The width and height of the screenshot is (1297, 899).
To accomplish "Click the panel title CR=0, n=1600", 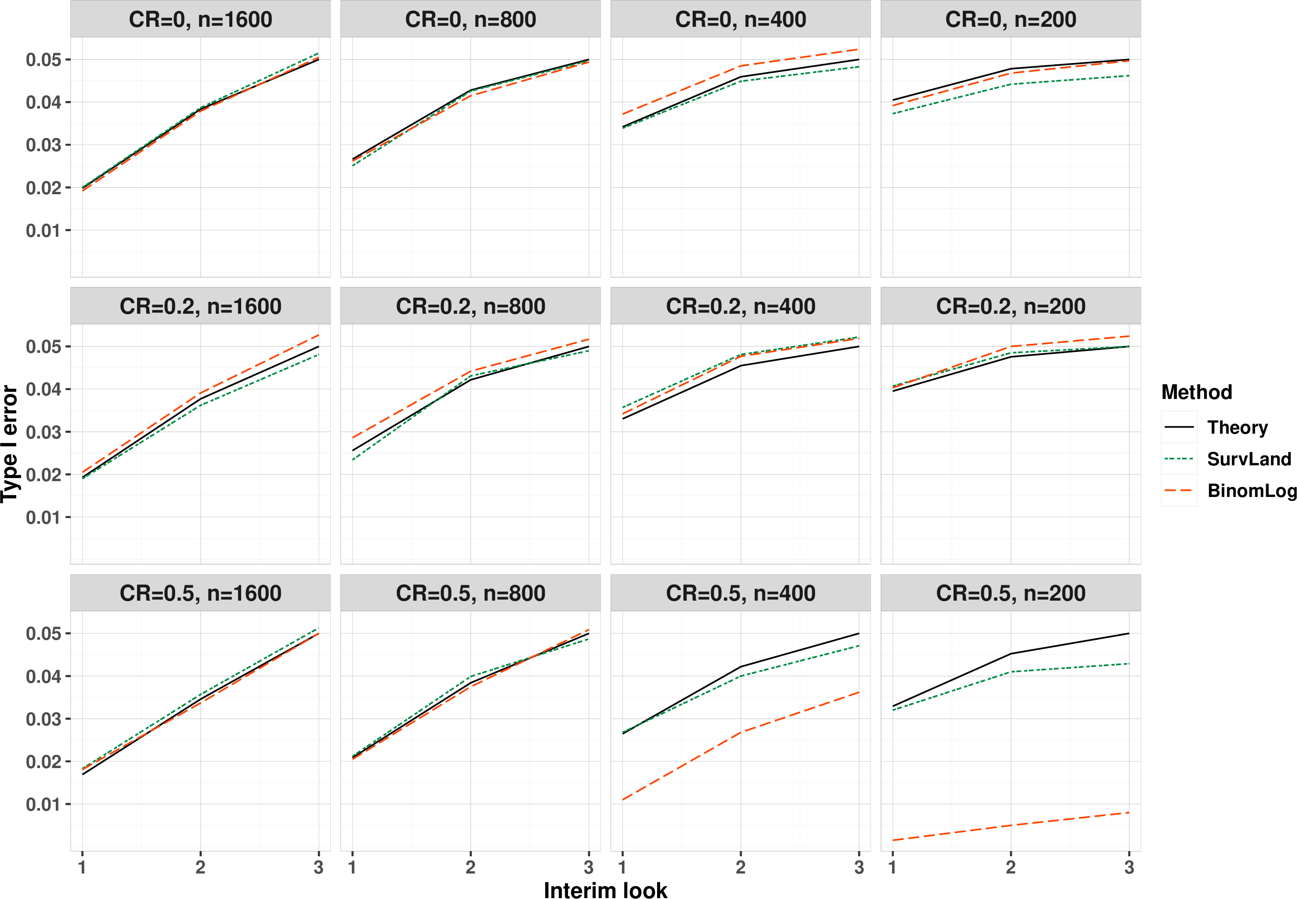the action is tap(200, 20).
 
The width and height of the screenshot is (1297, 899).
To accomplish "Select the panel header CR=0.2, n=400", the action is tap(740, 306).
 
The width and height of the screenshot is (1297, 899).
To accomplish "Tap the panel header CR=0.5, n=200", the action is tap(1011, 593).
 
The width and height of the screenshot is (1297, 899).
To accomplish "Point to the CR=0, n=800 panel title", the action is tap(470, 20).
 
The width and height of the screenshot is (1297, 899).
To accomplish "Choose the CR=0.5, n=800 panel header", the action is tap(470, 593).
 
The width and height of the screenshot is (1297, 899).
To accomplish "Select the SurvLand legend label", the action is tap(1249, 459).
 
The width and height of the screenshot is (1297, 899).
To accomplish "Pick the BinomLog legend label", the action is tap(1252, 491).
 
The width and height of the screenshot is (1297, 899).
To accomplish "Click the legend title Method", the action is tap(1197, 392).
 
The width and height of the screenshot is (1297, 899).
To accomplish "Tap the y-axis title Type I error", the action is tap(10, 443).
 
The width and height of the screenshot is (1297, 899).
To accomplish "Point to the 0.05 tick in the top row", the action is tap(43, 60).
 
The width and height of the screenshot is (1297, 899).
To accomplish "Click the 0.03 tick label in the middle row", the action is tap(43, 432).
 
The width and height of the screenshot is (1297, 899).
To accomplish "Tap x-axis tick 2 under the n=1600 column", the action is tap(200, 867).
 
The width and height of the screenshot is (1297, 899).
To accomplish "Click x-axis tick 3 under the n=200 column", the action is tap(1129, 867).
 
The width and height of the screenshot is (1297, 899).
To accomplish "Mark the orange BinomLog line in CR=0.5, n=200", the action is tap(1011, 826).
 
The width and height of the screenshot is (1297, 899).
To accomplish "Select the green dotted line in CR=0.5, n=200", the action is tap(1011, 672).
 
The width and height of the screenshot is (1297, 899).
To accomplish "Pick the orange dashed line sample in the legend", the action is tap(1179, 491).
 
